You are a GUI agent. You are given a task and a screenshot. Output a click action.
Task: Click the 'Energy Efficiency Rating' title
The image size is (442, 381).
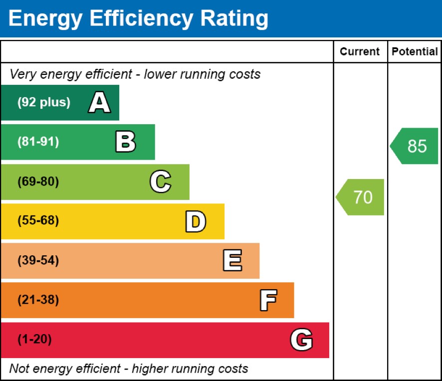click(139, 19)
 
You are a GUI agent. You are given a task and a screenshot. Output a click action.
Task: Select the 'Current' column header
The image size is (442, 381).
click(360, 52)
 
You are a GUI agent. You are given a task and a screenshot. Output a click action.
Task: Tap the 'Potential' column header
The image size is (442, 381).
click(415, 52)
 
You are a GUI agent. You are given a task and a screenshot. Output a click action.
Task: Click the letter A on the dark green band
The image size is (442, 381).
click(99, 103)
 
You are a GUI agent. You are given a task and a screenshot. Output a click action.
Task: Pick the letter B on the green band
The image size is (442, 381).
click(125, 142)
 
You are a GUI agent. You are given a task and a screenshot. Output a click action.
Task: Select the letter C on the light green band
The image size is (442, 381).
click(160, 182)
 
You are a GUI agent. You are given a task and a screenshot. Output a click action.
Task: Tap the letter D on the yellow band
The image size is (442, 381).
click(196, 221)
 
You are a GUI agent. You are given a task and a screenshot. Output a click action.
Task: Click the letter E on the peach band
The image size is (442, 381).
click(232, 261)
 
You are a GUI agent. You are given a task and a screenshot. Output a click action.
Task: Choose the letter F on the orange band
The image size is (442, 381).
click(268, 300)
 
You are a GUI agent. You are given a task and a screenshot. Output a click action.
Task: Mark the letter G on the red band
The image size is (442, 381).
click(301, 340)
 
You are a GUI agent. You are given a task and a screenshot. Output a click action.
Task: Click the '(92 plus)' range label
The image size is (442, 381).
click(44, 103)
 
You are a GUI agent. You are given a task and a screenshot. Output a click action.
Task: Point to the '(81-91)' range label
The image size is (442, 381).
click(38, 142)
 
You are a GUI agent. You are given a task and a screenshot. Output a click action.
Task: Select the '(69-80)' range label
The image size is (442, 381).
click(38, 182)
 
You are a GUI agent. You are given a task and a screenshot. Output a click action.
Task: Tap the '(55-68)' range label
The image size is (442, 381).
click(38, 221)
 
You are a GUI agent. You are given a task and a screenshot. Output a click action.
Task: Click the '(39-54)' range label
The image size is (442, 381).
click(38, 260)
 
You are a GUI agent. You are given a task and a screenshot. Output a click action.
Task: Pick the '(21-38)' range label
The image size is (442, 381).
click(38, 300)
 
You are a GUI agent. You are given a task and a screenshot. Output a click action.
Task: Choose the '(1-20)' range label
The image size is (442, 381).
click(34, 340)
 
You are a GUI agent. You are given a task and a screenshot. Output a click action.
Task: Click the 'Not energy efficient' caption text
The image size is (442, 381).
click(129, 369)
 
